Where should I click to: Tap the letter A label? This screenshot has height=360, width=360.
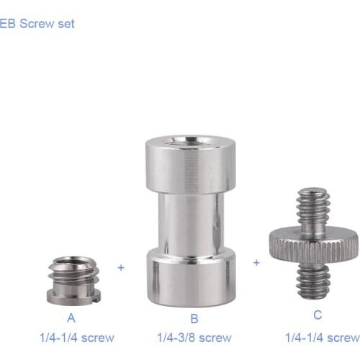pyautogui.click(x=72, y=318)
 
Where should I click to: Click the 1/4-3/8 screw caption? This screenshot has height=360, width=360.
pyautogui.click(x=194, y=337)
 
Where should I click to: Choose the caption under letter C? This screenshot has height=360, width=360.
pyautogui.click(x=322, y=337)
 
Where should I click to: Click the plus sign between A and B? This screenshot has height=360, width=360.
pyautogui.click(x=121, y=267)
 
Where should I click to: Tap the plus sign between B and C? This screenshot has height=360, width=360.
pyautogui.click(x=256, y=263)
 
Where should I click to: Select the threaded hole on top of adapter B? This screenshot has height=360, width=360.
pyautogui.click(x=192, y=141)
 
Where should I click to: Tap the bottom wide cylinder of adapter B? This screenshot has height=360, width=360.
pyautogui.click(x=191, y=277)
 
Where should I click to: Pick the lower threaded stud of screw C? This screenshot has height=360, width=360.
pyautogui.click(x=312, y=280)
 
